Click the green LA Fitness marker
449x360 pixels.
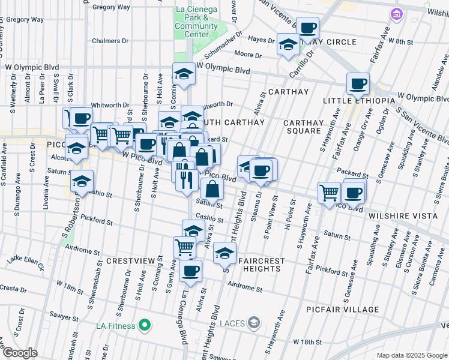coord(144,326)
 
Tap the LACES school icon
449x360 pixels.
coord(254,323)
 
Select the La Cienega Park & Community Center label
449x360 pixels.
coord(196,22)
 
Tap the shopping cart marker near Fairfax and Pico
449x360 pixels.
coord(329,193)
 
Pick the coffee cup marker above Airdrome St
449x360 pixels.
coord(191,271)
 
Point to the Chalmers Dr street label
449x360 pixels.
coord(111,41)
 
